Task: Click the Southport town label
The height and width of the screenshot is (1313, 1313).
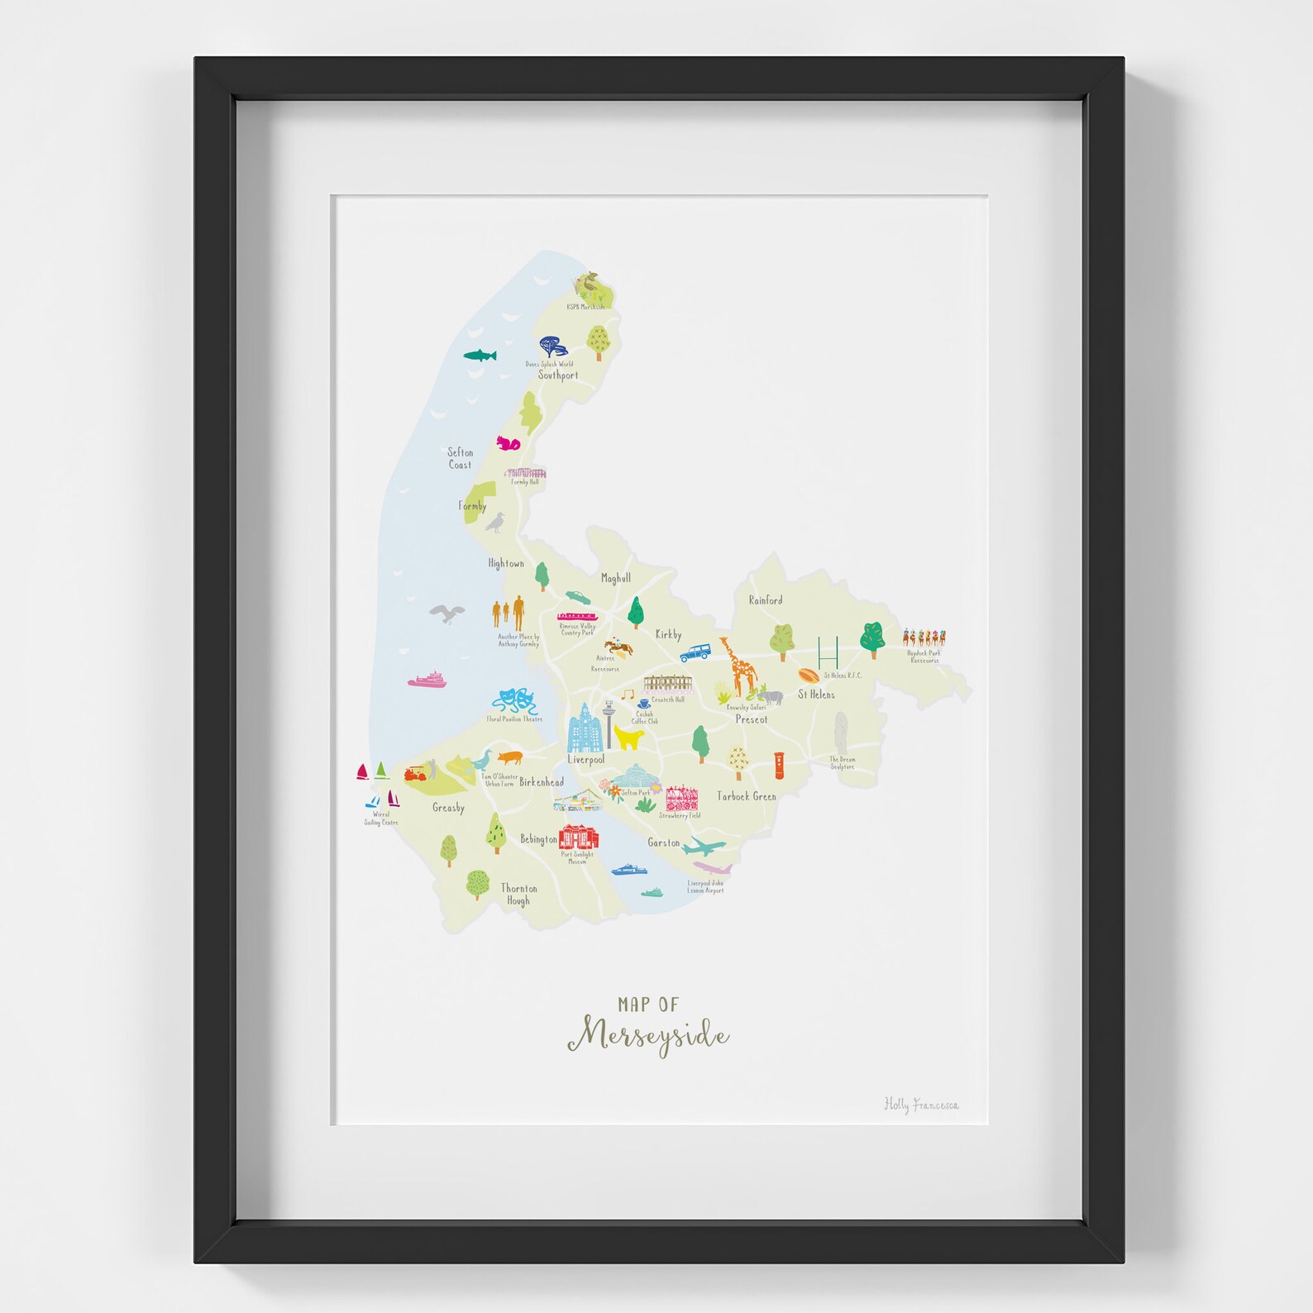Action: [558, 375]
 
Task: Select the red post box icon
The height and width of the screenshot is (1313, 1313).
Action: [779, 765]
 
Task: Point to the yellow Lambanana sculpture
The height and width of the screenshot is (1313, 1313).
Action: [629, 737]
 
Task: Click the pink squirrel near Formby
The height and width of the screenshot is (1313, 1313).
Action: [508, 444]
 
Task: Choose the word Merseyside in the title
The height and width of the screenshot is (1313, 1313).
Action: [648, 1036]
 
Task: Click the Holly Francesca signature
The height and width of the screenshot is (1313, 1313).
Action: [921, 1105]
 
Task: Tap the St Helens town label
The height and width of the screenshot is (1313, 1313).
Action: [816, 695]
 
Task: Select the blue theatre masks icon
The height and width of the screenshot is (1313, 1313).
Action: [516, 702]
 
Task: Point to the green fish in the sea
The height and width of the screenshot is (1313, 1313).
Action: [480, 356]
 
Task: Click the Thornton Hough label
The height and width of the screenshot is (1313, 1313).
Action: [518, 895]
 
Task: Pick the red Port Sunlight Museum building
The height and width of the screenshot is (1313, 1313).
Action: [579, 837]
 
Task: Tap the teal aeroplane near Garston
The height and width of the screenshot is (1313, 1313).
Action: [704, 846]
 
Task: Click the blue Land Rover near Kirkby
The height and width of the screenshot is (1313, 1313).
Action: [695, 652]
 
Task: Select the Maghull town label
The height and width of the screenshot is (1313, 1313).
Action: [615, 578]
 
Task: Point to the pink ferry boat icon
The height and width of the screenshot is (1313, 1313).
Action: [427, 680]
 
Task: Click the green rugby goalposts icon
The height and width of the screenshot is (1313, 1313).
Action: [828, 652]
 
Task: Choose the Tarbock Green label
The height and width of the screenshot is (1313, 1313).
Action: [746, 796]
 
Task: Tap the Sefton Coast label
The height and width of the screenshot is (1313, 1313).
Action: [461, 458]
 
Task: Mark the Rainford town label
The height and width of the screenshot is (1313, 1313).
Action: [765, 600]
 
